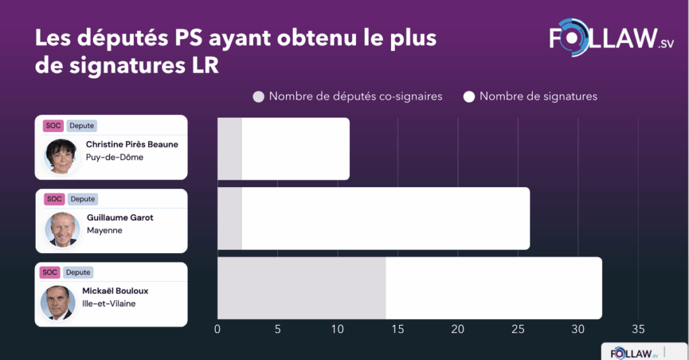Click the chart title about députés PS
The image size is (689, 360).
click(x=235, y=52)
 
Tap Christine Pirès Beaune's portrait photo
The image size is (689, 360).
click(x=62, y=155)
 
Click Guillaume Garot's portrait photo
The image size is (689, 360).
click(x=62, y=229)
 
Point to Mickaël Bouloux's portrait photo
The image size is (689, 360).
click(x=58, y=302)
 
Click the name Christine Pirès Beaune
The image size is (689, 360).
click(x=132, y=145)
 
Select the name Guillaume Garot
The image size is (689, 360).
click(x=120, y=218)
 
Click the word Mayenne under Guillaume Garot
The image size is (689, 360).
click(x=104, y=231)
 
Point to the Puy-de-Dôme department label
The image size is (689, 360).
click(x=114, y=157)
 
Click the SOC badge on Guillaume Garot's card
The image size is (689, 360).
click(x=54, y=199)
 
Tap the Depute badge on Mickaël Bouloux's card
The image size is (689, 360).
click(x=78, y=273)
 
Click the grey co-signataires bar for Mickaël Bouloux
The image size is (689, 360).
click(x=301, y=288)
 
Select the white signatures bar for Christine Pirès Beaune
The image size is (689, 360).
click(x=295, y=149)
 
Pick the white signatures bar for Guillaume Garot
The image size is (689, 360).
click(x=385, y=218)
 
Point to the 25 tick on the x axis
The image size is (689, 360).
click(x=518, y=329)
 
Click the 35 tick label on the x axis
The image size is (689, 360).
click(x=638, y=329)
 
